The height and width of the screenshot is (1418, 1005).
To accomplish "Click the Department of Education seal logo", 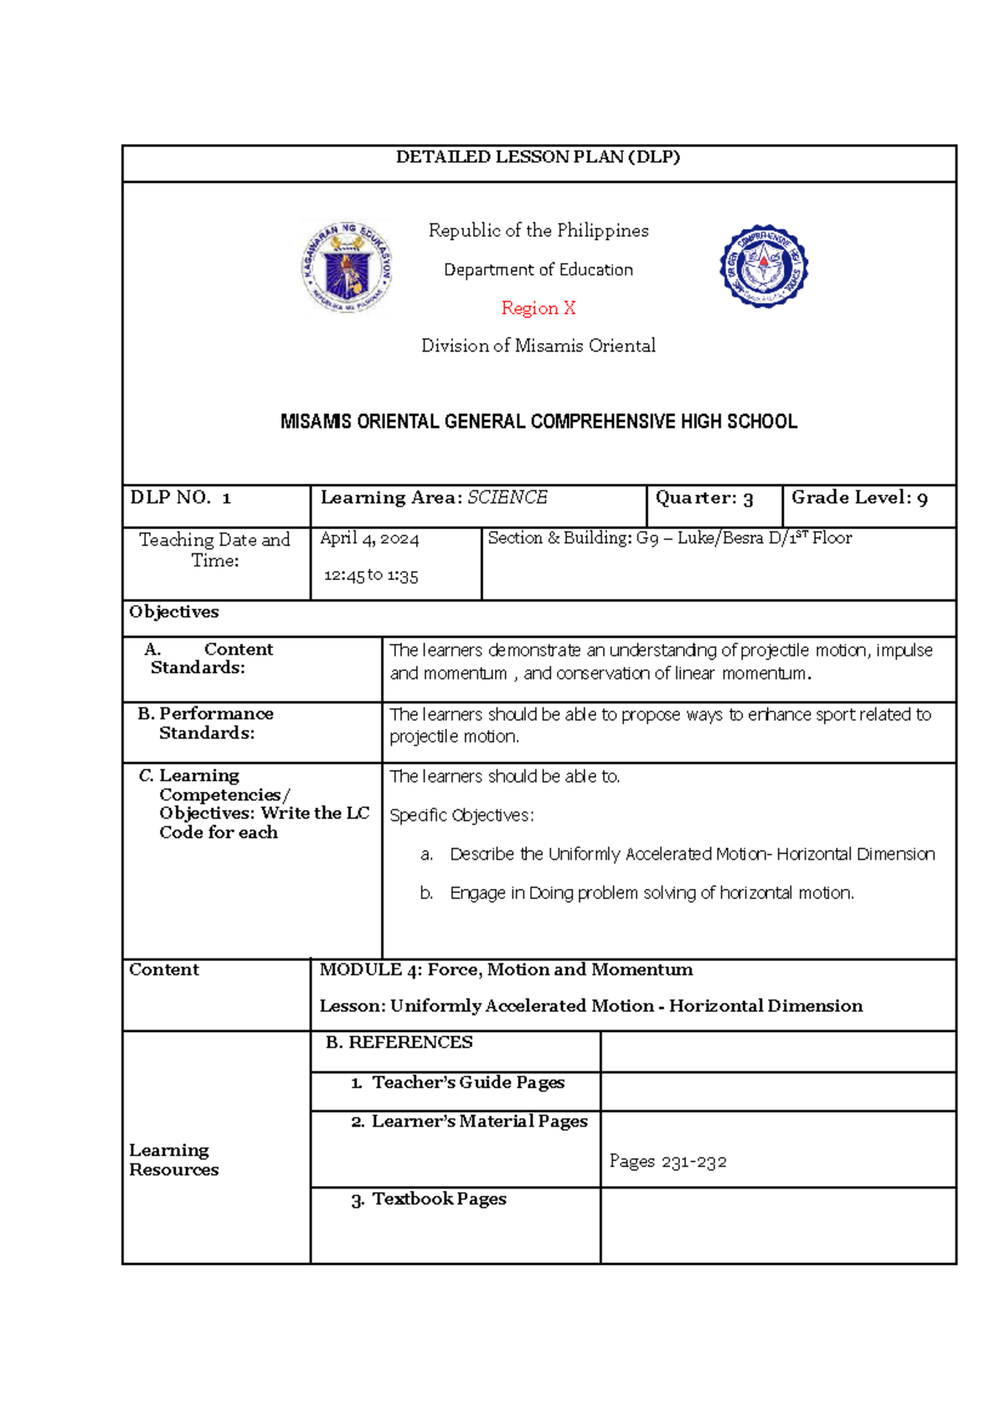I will [x=347, y=267].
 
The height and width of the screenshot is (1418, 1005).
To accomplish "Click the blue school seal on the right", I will [x=763, y=266].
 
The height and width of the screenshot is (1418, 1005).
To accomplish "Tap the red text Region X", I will [x=538, y=308].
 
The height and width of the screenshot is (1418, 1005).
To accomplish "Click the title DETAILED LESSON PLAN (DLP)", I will [x=538, y=157].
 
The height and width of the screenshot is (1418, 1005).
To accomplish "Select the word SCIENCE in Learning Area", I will [x=507, y=497].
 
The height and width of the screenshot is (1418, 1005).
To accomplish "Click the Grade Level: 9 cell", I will [x=859, y=498].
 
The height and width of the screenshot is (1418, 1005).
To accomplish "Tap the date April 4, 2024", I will [x=369, y=538].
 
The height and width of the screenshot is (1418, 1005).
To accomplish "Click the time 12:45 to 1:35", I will [x=371, y=575].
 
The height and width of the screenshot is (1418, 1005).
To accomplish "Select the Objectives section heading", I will [x=174, y=612].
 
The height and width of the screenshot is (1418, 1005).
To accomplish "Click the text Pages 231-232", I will [x=667, y=1161].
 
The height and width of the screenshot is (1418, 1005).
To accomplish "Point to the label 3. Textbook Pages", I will [x=429, y=1199].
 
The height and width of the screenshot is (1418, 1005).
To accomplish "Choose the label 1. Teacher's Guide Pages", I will [x=457, y=1082].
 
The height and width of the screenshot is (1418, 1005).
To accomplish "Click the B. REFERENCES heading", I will [x=399, y=1042].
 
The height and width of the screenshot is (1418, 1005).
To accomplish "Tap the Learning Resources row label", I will [x=173, y=1159].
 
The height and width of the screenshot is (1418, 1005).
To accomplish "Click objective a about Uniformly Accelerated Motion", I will [x=692, y=854].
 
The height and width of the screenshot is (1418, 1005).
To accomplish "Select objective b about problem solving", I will [x=652, y=893].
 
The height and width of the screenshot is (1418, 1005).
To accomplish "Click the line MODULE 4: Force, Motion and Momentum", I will [x=506, y=969].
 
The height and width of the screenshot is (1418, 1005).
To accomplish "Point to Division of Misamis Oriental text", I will [x=538, y=346].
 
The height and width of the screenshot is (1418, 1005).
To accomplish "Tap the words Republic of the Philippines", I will [x=538, y=230].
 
